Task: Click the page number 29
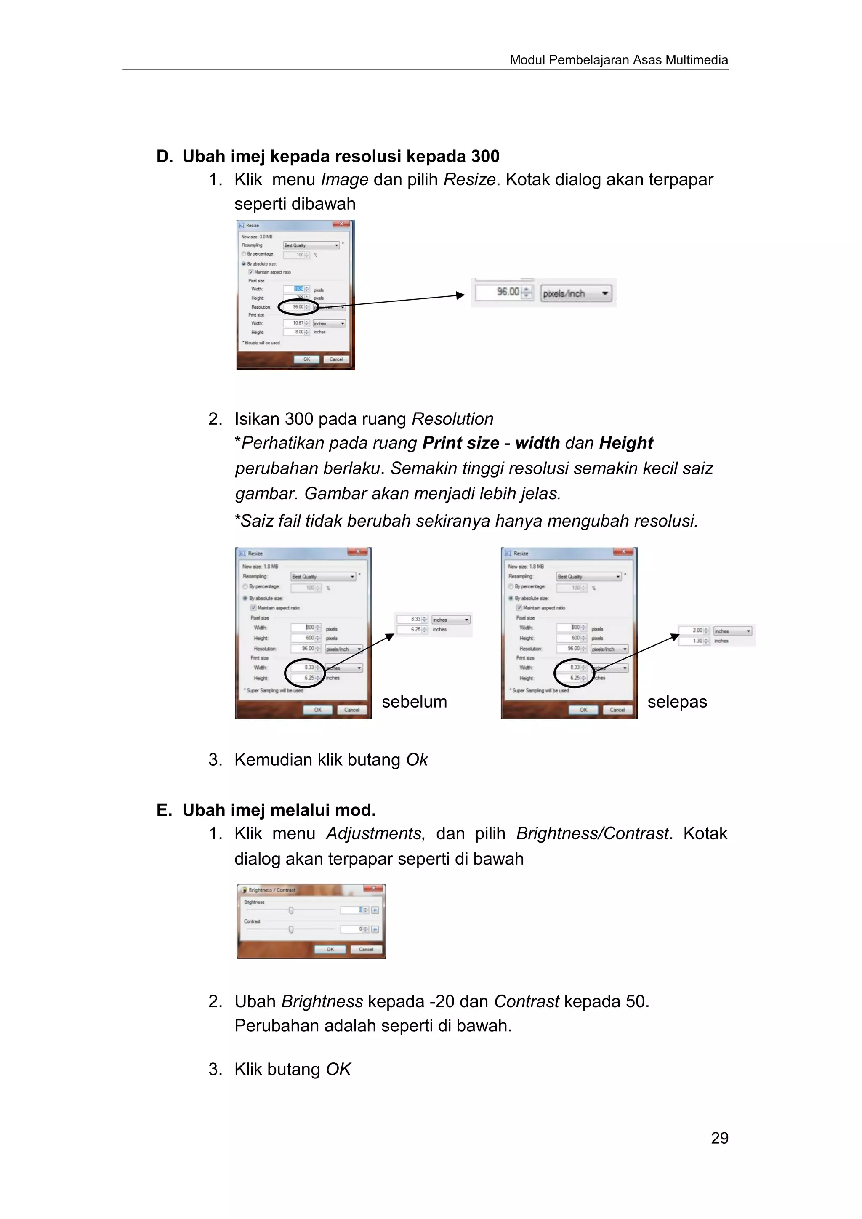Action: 719,1138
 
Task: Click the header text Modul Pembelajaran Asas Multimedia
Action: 618,60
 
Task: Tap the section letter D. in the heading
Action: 164,157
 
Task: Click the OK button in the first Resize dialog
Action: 306,359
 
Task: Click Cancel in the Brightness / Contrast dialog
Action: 366,949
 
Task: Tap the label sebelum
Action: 414,702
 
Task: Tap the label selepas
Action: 677,702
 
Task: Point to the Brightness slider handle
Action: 291,910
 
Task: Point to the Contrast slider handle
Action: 291,930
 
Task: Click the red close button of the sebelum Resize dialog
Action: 358,552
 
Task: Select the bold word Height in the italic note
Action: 626,443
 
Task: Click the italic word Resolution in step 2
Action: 452,419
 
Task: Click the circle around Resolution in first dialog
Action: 298,307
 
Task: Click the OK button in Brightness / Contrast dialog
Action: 330,949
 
